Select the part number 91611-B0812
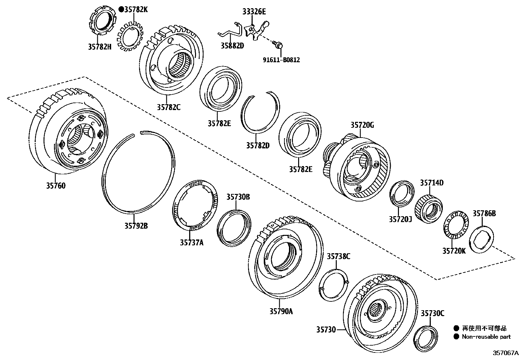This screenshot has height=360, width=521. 281,60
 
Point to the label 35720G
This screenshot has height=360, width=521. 362,125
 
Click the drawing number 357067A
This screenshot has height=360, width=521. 506,353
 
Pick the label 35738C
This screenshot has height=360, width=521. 338,256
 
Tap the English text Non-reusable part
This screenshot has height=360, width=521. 486,337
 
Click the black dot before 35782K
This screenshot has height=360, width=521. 121,9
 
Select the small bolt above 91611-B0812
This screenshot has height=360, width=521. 278,45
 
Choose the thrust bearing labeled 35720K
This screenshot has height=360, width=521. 454,226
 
